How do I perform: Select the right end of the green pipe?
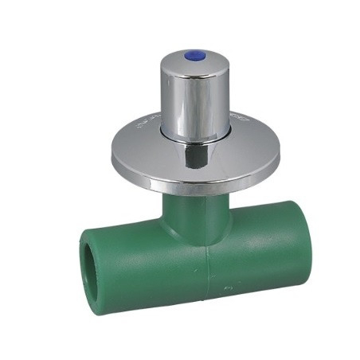click(284, 263)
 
